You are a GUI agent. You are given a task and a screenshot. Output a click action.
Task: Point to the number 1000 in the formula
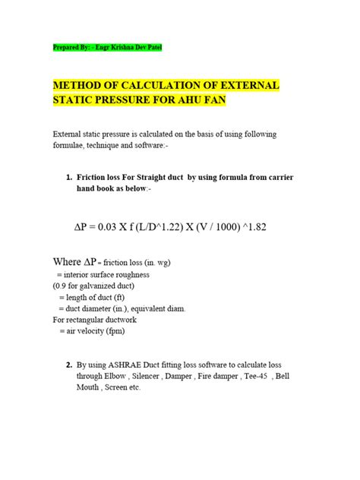(x=229, y=226)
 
